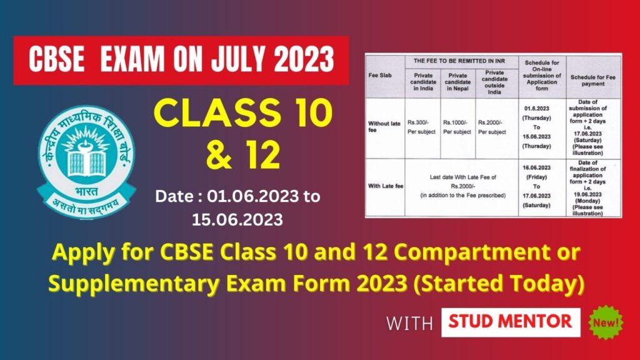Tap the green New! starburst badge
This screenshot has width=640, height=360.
click(x=607, y=323)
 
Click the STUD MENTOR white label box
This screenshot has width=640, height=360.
click(x=511, y=322)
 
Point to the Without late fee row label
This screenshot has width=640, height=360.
click(x=384, y=127)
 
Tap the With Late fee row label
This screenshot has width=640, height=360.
click(x=383, y=186)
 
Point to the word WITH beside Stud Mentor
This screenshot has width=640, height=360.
click(x=409, y=323)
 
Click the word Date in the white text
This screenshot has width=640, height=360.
click(x=171, y=197)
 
